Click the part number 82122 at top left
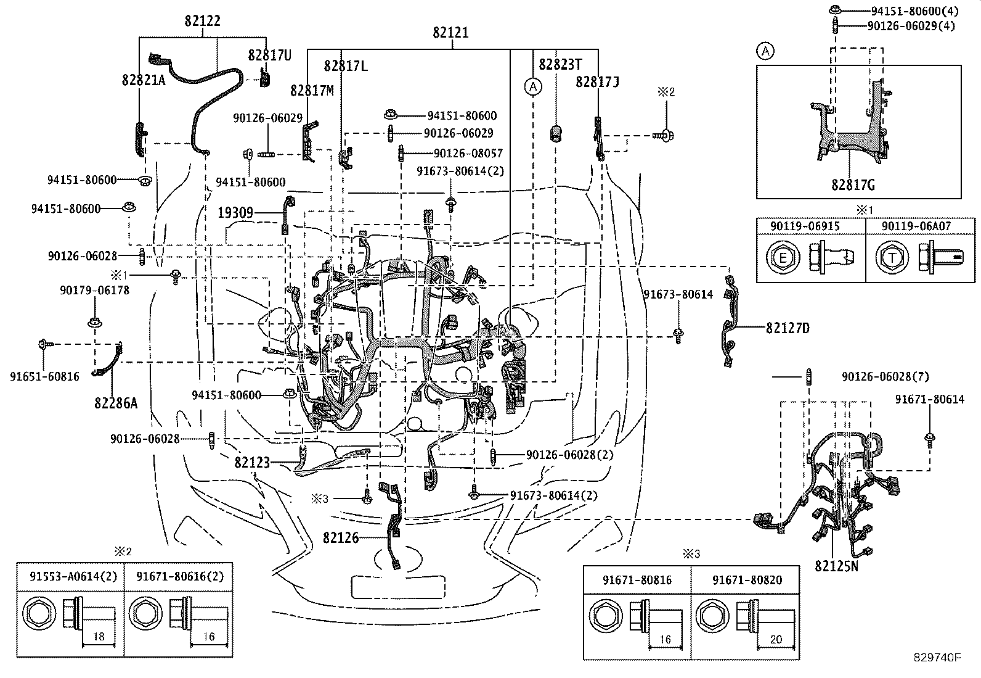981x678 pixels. (x=202, y=20)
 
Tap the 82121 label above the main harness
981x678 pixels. (x=450, y=33)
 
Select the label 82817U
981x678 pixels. (x=269, y=56)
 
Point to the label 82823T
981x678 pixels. (x=560, y=64)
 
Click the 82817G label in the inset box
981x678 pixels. (x=853, y=185)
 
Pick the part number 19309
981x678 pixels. (x=235, y=213)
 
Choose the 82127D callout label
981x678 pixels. (x=788, y=328)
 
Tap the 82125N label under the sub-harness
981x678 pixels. (x=836, y=566)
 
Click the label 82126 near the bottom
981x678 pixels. (x=341, y=538)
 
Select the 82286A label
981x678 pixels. (x=116, y=403)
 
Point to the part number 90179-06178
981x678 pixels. (x=95, y=291)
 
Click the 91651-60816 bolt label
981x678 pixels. (x=44, y=376)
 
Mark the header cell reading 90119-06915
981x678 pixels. (x=805, y=226)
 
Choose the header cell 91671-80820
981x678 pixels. (x=747, y=580)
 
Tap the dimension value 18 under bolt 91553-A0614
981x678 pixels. (x=99, y=636)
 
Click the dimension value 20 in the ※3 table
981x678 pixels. (x=776, y=639)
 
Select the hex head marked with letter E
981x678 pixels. (x=783, y=257)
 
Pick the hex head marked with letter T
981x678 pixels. (x=892, y=257)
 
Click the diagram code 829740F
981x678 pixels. (x=937, y=658)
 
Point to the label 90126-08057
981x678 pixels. (x=468, y=153)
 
